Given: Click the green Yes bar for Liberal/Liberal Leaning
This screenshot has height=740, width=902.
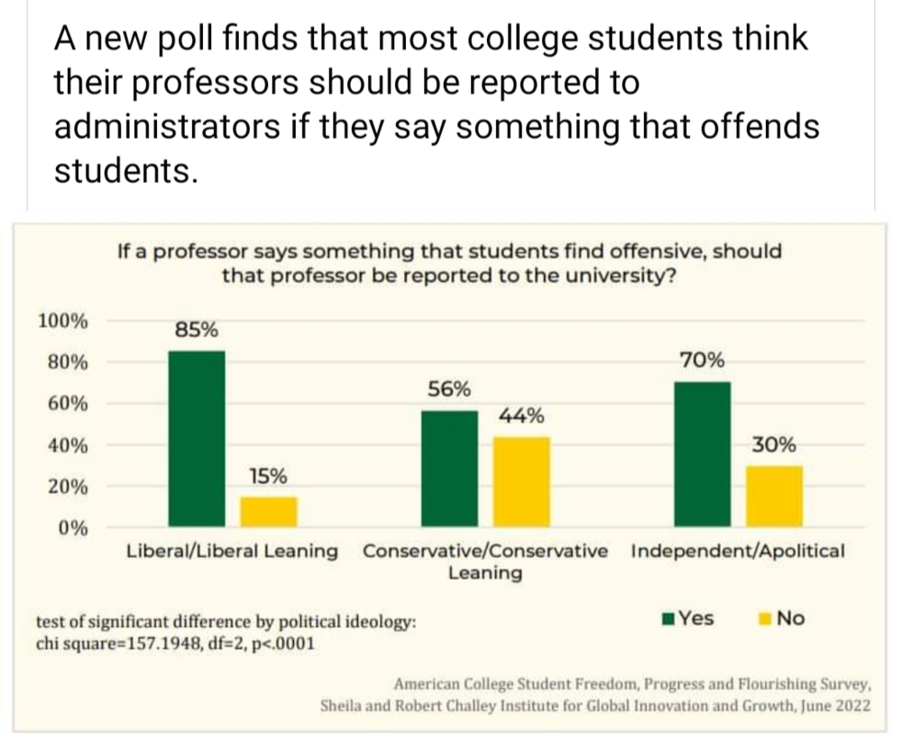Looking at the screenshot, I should pyautogui.click(x=197, y=437).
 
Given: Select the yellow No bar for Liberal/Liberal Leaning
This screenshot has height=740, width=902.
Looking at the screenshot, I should pyautogui.click(x=268, y=510).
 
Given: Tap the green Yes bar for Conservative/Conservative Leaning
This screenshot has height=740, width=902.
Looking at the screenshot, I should pyautogui.click(x=450, y=467).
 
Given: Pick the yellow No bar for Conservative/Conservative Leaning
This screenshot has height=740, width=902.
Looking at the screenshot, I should pyautogui.click(x=522, y=480).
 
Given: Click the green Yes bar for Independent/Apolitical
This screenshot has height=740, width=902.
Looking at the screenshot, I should pyautogui.click(x=703, y=452).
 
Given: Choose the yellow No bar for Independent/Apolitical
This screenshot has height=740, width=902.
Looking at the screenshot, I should pyautogui.click(x=775, y=495).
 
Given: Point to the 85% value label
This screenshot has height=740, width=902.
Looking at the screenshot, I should pyautogui.click(x=196, y=330).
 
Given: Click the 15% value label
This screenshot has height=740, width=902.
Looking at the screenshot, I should pyautogui.click(x=268, y=475).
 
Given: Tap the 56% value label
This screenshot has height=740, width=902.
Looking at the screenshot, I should pyautogui.click(x=449, y=389).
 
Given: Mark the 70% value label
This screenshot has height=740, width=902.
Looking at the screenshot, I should pyautogui.click(x=702, y=361).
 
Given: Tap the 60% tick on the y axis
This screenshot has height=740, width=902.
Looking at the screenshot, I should pyautogui.click(x=67, y=403).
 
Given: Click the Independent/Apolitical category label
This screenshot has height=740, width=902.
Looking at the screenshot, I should pyautogui.click(x=738, y=551).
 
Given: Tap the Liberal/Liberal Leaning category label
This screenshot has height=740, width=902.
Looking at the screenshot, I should pyautogui.click(x=233, y=551).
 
